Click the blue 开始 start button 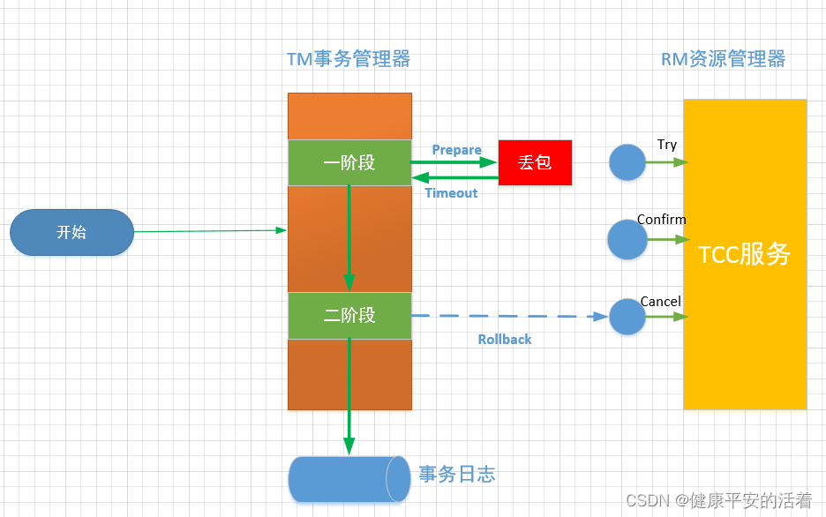click(71, 233)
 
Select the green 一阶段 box click(349, 162)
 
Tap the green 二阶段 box click(349, 315)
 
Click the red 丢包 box click(535, 162)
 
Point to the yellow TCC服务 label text click(744, 255)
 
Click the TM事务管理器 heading click(349, 59)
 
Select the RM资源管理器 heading click(723, 59)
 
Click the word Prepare click(456, 150)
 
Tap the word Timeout click(451, 193)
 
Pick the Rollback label click(505, 340)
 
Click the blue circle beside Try click(627, 162)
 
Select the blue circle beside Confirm click(627, 239)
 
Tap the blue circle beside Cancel click(627, 317)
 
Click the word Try click(667, 145)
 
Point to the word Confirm click(662, 220)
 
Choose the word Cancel click(661, 302)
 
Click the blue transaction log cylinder click(344, 478)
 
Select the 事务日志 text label click(456, 475)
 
